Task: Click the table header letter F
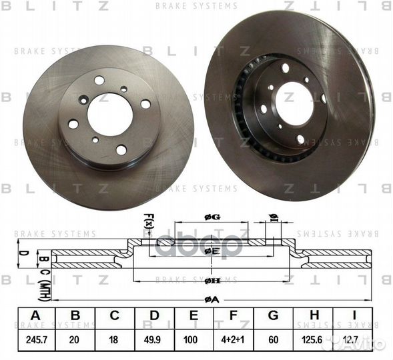pyautogui.click(x=233, y=315)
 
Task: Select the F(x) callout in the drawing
pyautogui.click(x=148, y=221)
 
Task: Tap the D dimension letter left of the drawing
pyautogui.click(x=22, y=253)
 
